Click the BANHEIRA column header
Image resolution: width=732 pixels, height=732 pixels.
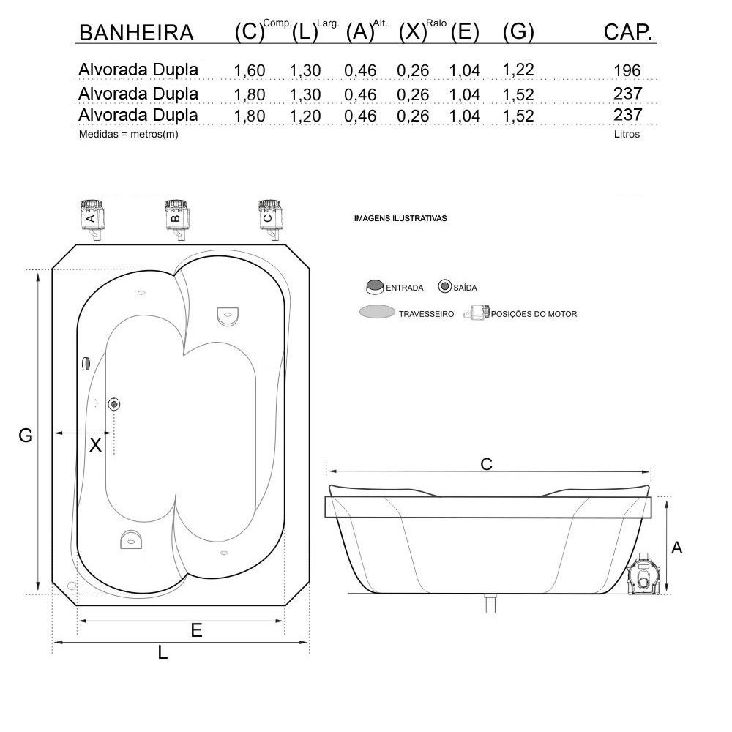(x=136, y=33)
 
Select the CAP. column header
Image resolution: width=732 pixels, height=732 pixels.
(x=628, y=32)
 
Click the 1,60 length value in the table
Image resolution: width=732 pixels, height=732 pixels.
(x=250, y=70)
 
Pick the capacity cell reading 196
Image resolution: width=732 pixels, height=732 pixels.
(x=627, y=70)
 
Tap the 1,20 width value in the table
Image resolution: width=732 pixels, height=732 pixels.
(x=305, y=116)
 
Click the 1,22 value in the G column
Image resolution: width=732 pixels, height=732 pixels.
(x=518, y=70)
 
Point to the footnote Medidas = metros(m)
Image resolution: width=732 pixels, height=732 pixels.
(x=128, y=135)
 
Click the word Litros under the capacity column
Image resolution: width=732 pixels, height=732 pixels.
(x=627, y=134)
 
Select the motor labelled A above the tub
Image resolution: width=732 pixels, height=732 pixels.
(x=92, y=220)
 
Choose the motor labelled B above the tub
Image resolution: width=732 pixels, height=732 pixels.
(x=177, y=220)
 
